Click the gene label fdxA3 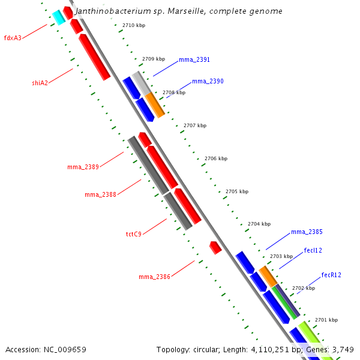coord(13,38)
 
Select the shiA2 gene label coord(40,83)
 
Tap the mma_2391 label coord(194,60)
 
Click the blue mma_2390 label coord(208,81)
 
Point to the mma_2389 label coord(83,167)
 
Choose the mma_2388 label coord(100,194)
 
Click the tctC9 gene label coord(133,234)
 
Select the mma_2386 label coord(154,277)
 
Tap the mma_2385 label coord(307,232)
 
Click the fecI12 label coord(313,250)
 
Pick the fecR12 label coord(331,275)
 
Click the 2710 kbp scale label coord(133,25)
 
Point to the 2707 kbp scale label coord(194,125)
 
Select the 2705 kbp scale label coord(237,191)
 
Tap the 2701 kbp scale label coord(326,320)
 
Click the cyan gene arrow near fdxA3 coord(58,17)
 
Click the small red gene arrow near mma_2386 coord(215,247)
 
